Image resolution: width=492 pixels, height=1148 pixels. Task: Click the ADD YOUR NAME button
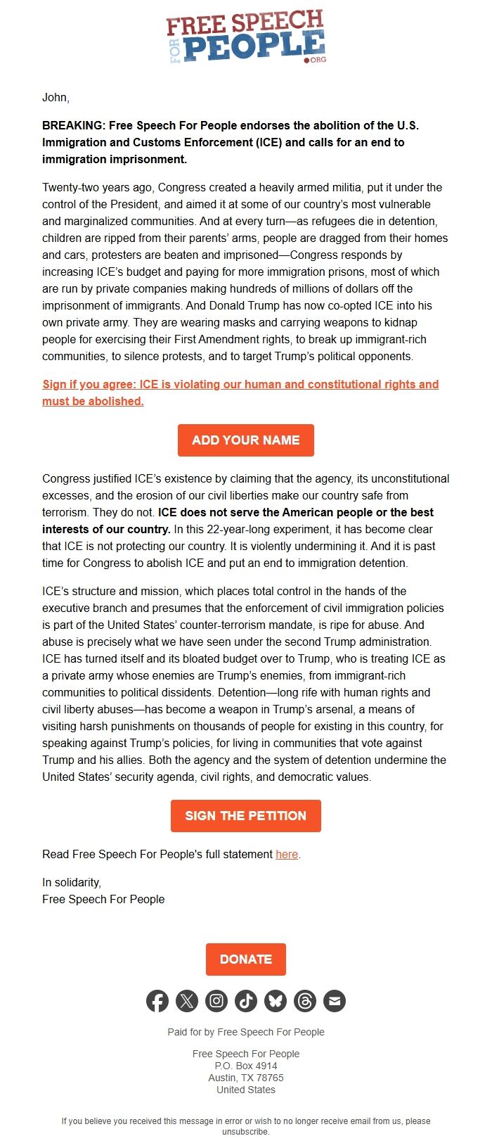(245, 440)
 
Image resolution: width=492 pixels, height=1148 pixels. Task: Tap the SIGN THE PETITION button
(245, 816)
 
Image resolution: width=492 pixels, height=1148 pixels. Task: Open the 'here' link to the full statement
(287, 854)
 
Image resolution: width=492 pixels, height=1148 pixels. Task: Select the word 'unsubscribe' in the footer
(245, 1132)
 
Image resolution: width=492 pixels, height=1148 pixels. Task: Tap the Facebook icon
(157, 1001)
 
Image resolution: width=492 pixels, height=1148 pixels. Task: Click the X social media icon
(187, 1001)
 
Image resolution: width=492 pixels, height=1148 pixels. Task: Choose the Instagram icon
(216, 1001)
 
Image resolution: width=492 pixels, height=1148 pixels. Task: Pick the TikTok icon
(246, 1001)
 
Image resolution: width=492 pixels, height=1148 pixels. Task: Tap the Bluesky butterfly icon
(276, 1001)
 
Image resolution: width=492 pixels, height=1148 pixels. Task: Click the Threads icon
(305, 1001)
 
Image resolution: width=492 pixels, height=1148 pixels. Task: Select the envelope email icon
(335, 1001)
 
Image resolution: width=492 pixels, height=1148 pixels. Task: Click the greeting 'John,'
(56, 98)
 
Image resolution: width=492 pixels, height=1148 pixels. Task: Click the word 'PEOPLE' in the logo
(254, 47)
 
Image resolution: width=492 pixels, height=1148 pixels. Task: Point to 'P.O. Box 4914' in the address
(246, 1066)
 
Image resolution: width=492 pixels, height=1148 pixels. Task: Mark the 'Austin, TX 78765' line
(246, 1078)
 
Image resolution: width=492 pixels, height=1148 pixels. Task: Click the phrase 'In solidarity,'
(72, 882)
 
